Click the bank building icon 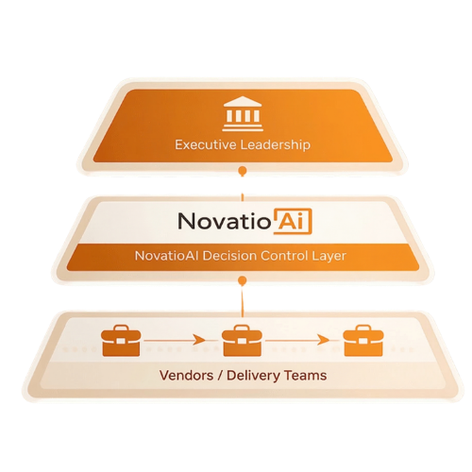click(243, 114)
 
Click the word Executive click(206, 144)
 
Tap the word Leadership click(276, 145)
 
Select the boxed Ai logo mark click(293, 221)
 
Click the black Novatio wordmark click(225, 221)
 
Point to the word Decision click(229, 255)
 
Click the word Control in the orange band click(284, 255)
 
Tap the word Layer click(329, 256)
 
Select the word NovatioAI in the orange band click(167, 255)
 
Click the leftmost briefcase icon click(121, 341)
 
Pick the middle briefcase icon click(242, 341)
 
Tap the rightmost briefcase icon click(363, 341)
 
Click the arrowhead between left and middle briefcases click(198, 340)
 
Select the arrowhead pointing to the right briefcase click(323, 340)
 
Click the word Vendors click(186, 376)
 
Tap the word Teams click(305, 376)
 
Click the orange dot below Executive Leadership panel click(243, 171)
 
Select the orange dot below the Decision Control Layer click(242, 280)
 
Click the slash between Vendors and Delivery click(220, 376)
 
